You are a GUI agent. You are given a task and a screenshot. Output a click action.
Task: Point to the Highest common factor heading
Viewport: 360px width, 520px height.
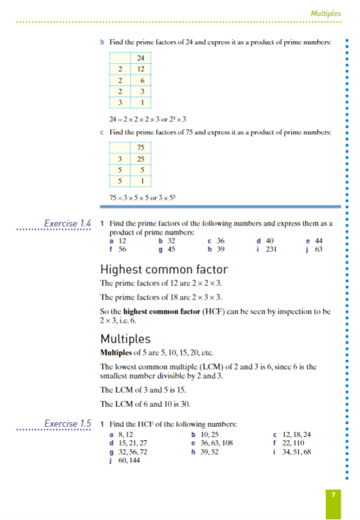(x=164, y=269)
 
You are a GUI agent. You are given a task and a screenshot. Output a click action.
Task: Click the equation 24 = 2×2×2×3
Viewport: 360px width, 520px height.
(x=148, y=118)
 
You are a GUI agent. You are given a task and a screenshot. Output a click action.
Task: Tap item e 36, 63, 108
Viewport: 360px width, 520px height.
(x=212, y=443)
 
